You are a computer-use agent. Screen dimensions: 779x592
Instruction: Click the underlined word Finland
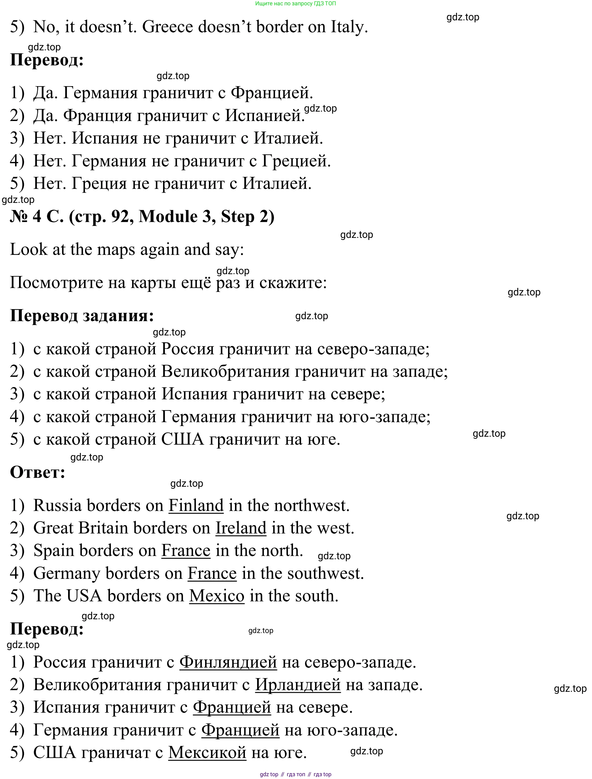[196, 506]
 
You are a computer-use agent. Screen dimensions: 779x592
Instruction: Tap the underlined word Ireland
[241, 528]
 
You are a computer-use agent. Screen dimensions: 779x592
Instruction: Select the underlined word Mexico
[217, 596]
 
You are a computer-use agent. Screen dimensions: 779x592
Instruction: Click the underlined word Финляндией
[228, 662]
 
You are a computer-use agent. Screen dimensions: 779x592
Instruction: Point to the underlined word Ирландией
[298, 685]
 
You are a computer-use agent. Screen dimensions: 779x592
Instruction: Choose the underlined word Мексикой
[207, 752]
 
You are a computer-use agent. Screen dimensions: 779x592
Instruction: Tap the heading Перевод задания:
[82, 316]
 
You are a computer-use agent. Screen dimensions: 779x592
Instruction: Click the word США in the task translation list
[182, 440]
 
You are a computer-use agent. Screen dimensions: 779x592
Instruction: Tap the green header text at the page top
[295, 3]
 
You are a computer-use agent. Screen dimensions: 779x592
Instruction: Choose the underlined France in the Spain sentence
[186, 551]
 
